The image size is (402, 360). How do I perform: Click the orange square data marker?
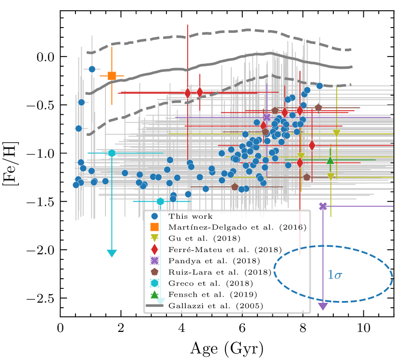point(112,75)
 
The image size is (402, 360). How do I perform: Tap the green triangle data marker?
point(330,160)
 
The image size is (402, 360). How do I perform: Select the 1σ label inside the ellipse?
point(335,275)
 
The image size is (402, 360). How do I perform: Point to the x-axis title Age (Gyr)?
point(227,347)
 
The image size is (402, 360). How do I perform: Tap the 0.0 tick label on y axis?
point(45,57)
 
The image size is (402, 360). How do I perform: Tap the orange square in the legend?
point(155,227)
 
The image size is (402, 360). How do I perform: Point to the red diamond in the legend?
point(155,249)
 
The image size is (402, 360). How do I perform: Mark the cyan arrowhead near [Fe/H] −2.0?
point(112,253)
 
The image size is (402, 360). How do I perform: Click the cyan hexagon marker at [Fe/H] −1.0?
point(112,153)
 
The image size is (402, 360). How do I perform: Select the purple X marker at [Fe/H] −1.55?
point(323,206)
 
